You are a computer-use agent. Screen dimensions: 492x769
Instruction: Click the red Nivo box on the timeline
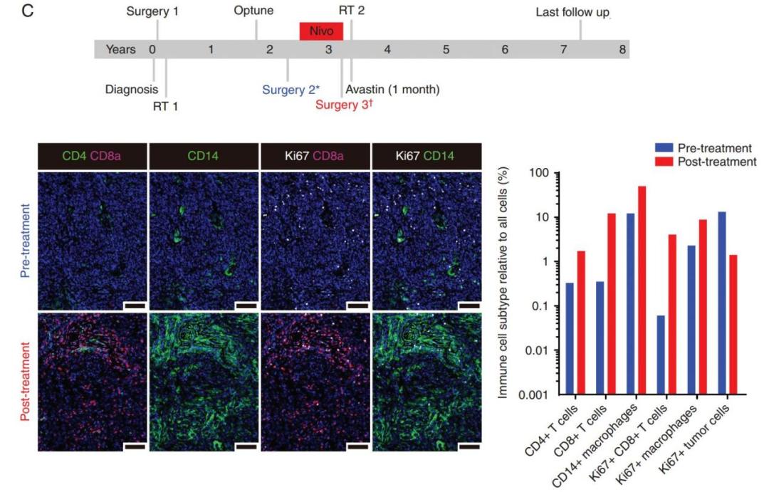click(322, 31)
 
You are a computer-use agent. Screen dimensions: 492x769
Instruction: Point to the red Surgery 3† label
click(345, 105)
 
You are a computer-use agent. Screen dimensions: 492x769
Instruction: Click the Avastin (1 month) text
click(392, 90)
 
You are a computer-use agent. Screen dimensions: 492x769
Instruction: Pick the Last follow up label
click(574, 12)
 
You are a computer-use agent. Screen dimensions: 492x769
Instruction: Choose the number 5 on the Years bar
click(446, 50)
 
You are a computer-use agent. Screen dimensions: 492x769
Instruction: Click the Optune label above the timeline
click(253, 12)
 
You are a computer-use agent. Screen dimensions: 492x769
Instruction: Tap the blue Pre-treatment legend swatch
click(663, 148)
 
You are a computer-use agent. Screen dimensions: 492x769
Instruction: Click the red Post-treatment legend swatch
click(663, 162)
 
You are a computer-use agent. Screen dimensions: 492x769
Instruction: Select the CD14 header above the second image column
click(205, 155)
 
